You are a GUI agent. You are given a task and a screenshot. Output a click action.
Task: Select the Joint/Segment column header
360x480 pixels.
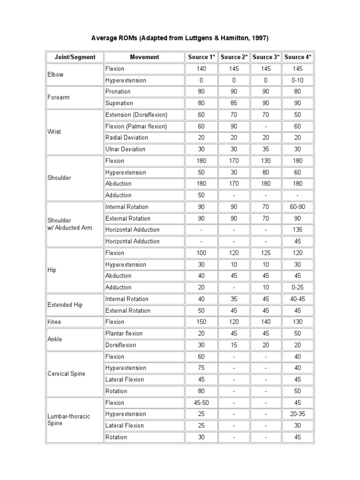coord(75,57)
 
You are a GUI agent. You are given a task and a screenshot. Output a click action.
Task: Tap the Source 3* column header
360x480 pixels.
coord(266,57)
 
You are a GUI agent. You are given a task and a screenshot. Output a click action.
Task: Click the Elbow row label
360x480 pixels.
coord(55,75)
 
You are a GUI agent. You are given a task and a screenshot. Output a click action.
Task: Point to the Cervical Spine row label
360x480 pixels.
coord(66,374)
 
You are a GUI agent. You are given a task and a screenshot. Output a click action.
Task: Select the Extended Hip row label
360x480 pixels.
coord(65,305)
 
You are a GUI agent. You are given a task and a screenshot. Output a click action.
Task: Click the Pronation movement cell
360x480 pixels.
coord(118,91)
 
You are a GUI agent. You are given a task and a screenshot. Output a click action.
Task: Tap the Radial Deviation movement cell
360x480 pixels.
coord(127,138)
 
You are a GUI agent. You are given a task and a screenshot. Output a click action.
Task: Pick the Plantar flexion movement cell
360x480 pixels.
coord(124,333)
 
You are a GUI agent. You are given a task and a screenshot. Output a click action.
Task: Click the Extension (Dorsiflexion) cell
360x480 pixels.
coord(136,115)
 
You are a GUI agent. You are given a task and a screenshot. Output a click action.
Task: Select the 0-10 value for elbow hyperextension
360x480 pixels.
coord(298,80)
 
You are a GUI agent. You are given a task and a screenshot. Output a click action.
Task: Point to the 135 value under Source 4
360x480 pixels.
coord(298,230)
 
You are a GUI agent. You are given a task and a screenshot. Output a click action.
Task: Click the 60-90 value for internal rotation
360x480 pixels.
coord(298,207)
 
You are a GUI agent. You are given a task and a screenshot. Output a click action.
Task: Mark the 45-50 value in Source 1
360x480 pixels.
coord(201,403)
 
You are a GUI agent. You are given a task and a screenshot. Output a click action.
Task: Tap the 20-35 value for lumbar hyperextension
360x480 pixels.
coord(298,414)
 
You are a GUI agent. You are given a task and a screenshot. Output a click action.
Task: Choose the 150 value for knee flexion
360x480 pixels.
coord(201,322)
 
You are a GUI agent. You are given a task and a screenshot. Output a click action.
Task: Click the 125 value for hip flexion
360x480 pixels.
coord(266,253)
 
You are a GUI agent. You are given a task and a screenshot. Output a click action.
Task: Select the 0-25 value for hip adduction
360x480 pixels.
coord(298,287)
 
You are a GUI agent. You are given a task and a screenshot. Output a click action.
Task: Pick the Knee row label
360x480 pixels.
coord(54,322)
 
